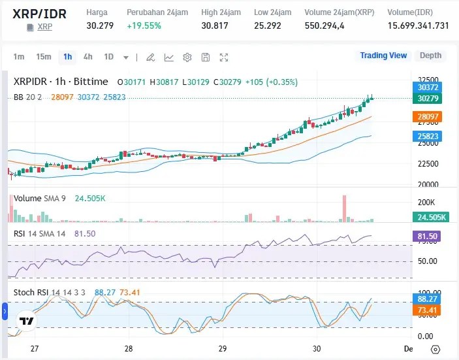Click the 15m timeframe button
(x=44, y=57)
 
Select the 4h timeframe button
(x=87, y=57)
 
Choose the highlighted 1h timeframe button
(x=67, y=57)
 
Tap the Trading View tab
(x=383, y=56)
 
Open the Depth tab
(x=430, y=56)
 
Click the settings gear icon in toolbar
(x=187, y=57)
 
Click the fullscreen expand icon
(x=224, y=57)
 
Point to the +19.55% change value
(x=144, y=25)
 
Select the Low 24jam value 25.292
(x=268, y=25)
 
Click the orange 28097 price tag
(x=428, y=116)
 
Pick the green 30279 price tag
(x=428, y=98)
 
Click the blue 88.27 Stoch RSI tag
(x=428, y=299)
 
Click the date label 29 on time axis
(x=223, y=348)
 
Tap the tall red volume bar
(x=343, y=208)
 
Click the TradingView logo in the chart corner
(x=27, y=321)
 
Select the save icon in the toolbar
(x=206, y=57)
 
